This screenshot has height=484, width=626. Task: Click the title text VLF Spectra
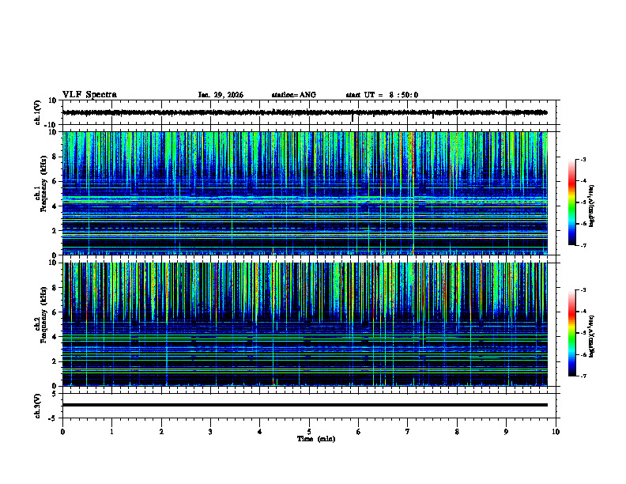click(x=89, y=94)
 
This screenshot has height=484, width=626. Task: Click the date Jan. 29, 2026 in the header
click(x=221, y=95)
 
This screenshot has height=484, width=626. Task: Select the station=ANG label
click(x=293, y=95)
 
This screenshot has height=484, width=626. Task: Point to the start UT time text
click(x=382, y=95)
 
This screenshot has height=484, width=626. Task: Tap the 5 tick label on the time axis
click(x=309, y=431)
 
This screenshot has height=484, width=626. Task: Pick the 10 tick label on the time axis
click(x=556, y=431)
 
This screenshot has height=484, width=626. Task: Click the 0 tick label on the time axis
click(x=62, y=431)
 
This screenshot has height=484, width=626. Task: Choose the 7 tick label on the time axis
click(x=408, y=431)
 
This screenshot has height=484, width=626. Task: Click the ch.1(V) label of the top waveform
click(x=38, y=112)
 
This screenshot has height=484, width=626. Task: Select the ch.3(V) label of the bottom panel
click(x=38, y=404)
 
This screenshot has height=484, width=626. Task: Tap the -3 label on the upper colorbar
click(x=583, y=160)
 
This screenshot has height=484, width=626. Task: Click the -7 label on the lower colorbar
click(x=583, y=376)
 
